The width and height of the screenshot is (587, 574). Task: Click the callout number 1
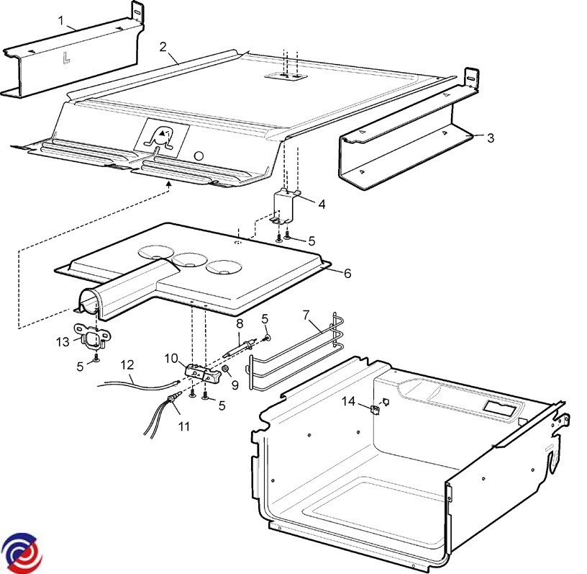(62, 20)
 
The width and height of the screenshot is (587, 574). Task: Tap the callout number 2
(163, 47)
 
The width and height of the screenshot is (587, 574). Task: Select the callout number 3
(491, 138)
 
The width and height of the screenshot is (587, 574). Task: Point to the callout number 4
(322, 205)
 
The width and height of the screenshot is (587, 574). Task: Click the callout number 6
(347, 273)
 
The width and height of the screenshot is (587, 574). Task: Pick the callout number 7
(306, 315)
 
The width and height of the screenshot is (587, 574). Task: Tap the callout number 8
(240, 323)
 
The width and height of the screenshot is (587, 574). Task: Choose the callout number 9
(235, 385)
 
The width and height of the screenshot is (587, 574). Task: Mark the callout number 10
(171, 359)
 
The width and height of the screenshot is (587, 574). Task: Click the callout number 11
(184, 426)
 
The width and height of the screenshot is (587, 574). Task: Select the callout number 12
(127, 365)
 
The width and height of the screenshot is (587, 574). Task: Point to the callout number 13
(63, 342)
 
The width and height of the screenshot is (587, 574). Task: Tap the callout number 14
(348, 402)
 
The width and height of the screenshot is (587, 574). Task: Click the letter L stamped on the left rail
(66, 58)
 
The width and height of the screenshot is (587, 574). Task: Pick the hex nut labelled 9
(226, 369)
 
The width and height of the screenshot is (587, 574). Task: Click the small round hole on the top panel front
(199, 156)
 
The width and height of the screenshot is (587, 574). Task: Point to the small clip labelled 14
(375, 409)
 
